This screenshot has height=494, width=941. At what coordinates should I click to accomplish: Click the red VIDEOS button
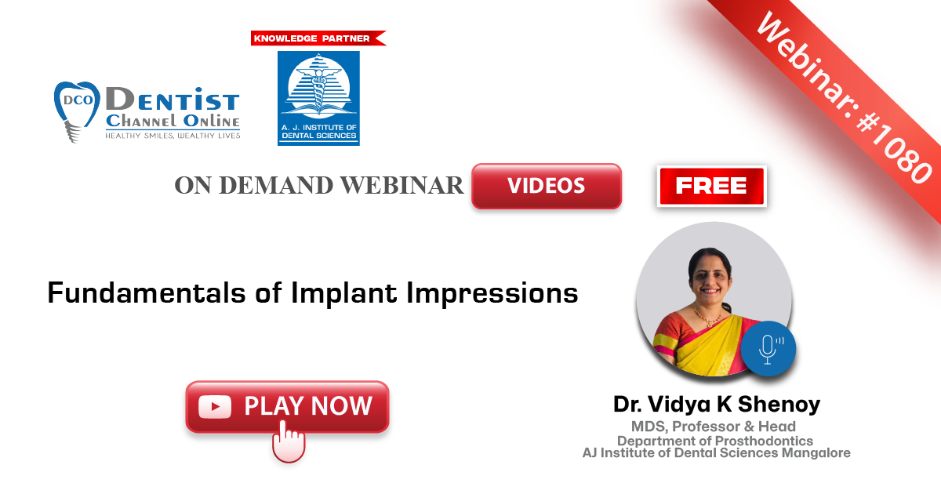[547, 186]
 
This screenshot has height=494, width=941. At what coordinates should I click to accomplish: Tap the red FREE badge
[712, 186]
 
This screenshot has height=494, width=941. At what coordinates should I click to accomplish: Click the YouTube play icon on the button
[215, 407]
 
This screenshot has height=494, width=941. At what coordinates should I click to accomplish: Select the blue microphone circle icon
[768, 348]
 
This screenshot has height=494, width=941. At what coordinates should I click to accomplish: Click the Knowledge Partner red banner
[318, 38]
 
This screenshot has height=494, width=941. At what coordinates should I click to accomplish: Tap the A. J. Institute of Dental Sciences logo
[318, 98]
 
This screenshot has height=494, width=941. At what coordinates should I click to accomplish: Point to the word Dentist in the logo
[173, 100]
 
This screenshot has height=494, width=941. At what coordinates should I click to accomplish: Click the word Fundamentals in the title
[146, 292]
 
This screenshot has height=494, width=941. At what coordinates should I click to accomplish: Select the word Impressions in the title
[492, 292]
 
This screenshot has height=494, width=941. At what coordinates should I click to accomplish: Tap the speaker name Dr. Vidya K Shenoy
[717, 404]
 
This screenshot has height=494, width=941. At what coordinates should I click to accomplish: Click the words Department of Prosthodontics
[715, 441]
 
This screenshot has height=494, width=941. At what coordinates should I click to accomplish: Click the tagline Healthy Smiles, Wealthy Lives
[173, 135]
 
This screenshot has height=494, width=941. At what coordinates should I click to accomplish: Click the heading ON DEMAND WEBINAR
[319, 185]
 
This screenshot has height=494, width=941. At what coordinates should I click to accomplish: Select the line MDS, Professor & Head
[714, 427]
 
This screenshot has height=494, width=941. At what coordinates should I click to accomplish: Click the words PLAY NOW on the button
[308, 406]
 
